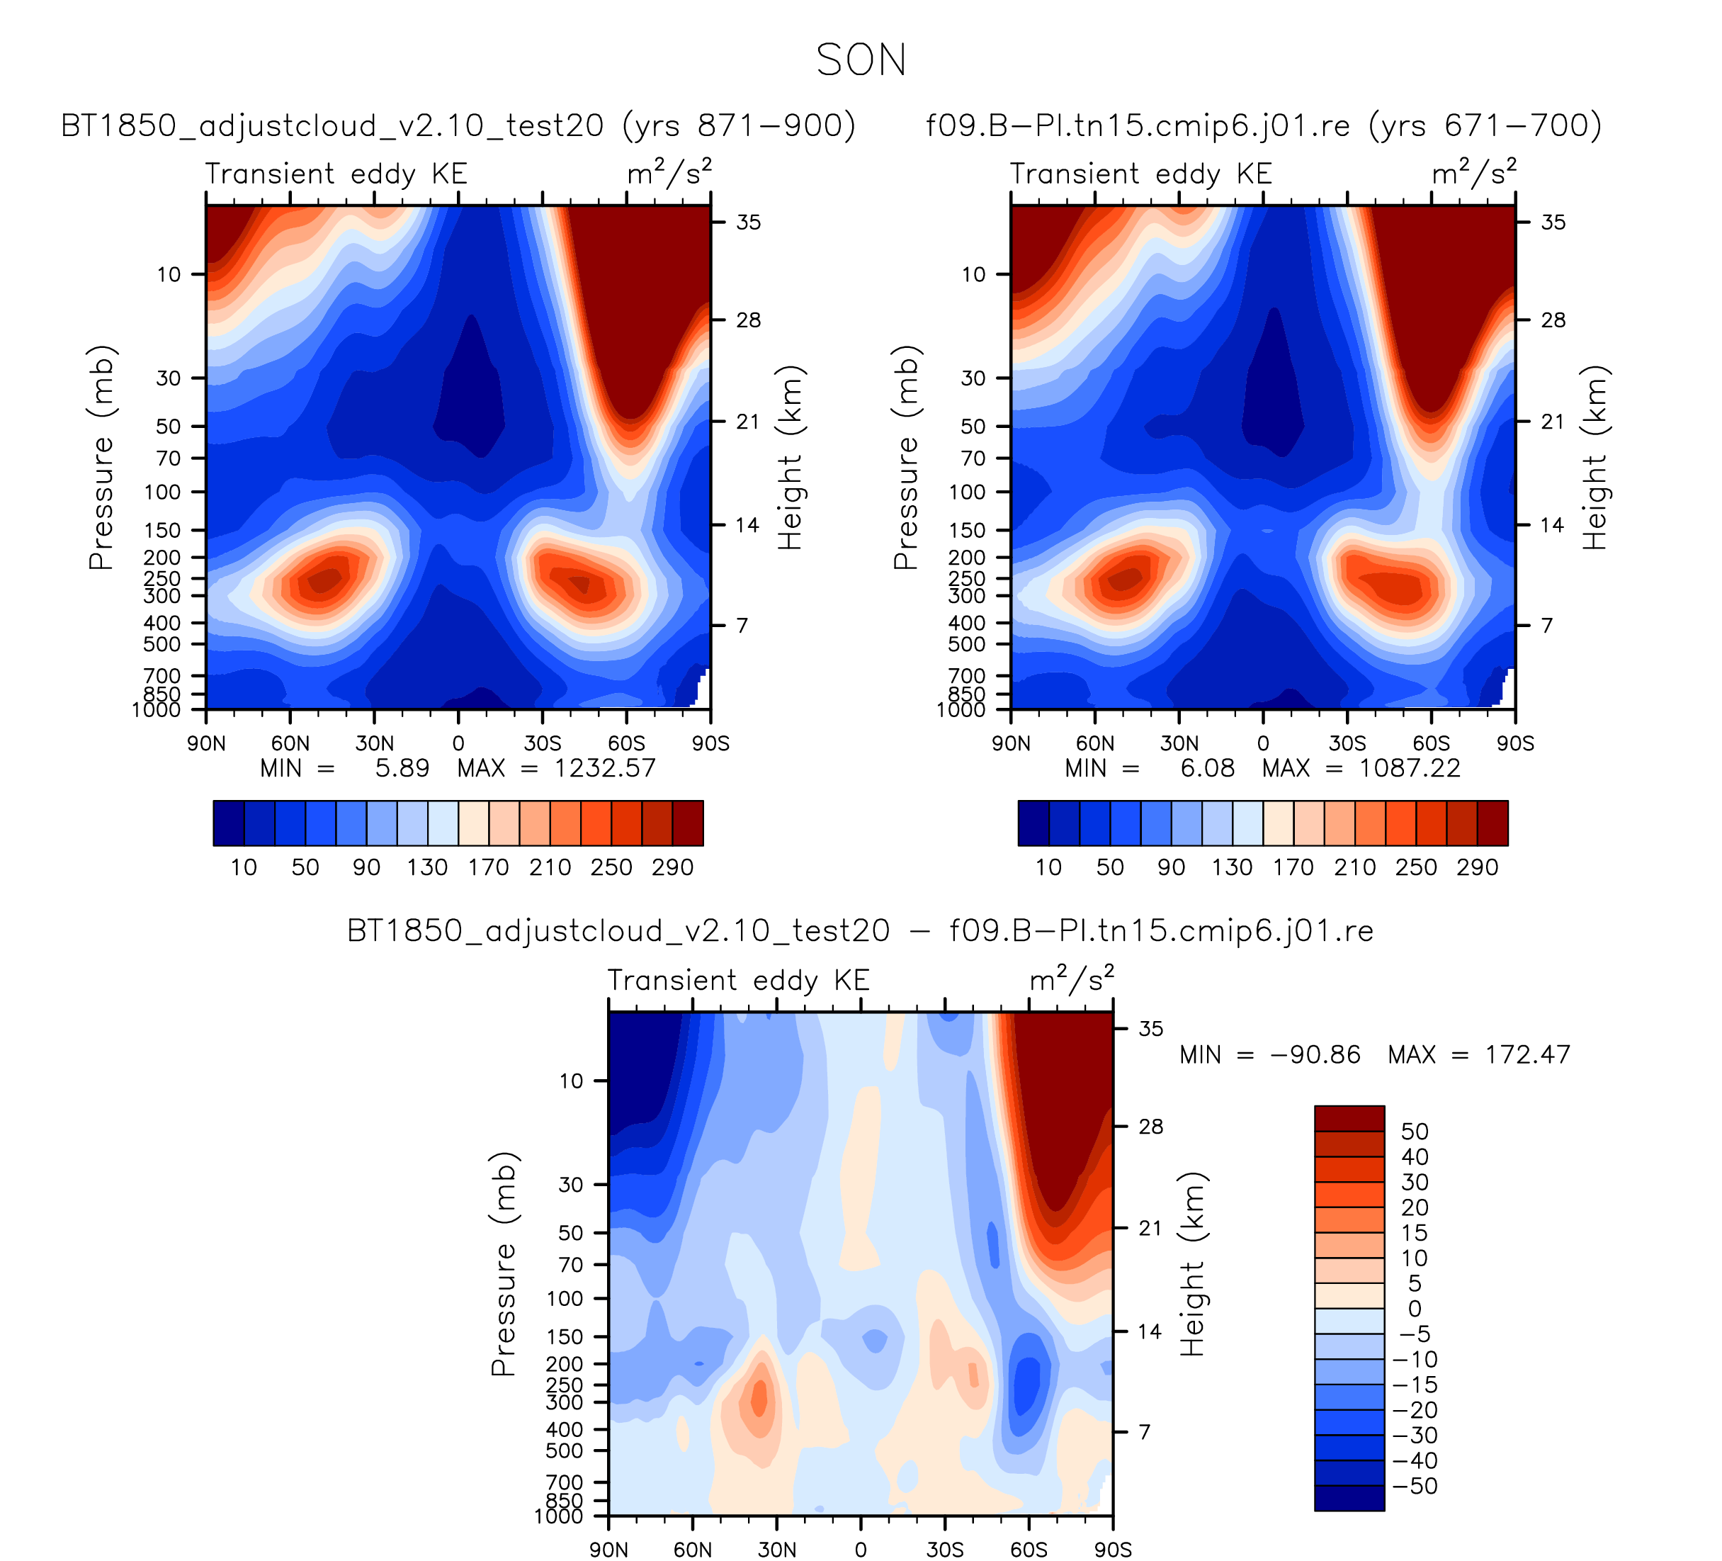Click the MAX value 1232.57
click(604, 768)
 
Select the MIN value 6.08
click(1207, 768)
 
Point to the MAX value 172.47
click(1527, 1054)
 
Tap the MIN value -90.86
click(1315, 1054)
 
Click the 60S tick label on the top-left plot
click(626, 743)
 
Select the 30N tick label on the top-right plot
click(1179, 743)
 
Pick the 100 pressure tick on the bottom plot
click(565, 1299)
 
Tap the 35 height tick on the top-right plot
click(1553, 222)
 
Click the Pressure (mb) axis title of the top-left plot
click(101, 457)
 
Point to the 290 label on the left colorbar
click(672, 867)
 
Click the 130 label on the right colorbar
click(1232, 867)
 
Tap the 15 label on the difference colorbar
click(1415, 1233)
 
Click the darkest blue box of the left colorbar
click(229, 823)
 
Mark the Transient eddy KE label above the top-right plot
click(1140, 174)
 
